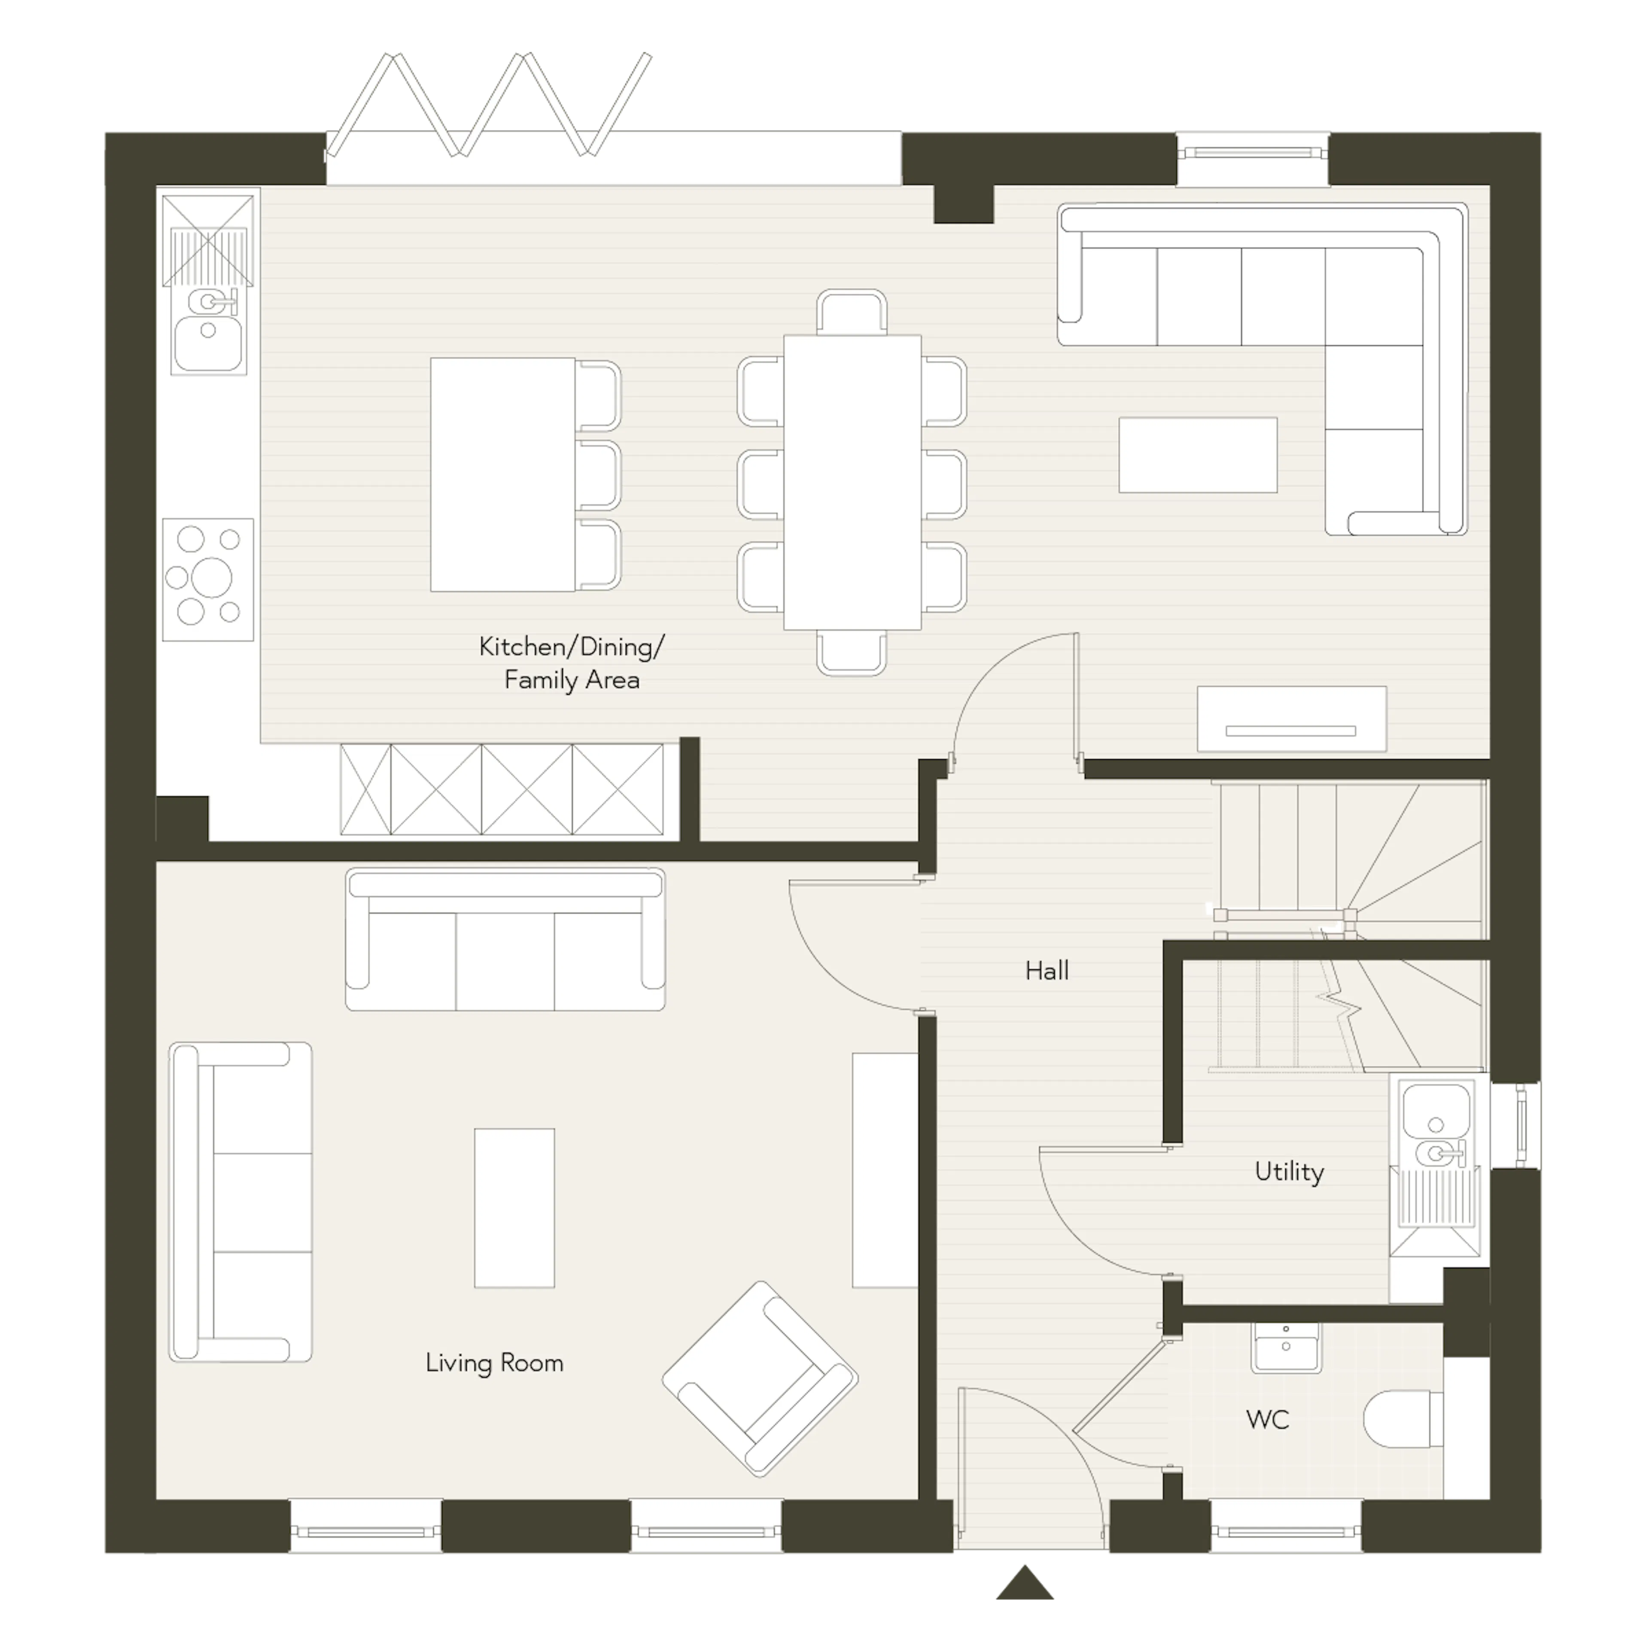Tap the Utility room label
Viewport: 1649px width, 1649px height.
tap(1289, 1172)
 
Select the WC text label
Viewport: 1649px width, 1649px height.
tap(1268, 1419)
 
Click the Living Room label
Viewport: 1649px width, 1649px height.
tap(494, 1363)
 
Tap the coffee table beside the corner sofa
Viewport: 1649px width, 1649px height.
tap(1198, 455)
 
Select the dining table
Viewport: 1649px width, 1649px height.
tap(852, 482)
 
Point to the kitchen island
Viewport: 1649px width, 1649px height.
tap(503, 475)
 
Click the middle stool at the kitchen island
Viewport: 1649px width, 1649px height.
tap(599, 475)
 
